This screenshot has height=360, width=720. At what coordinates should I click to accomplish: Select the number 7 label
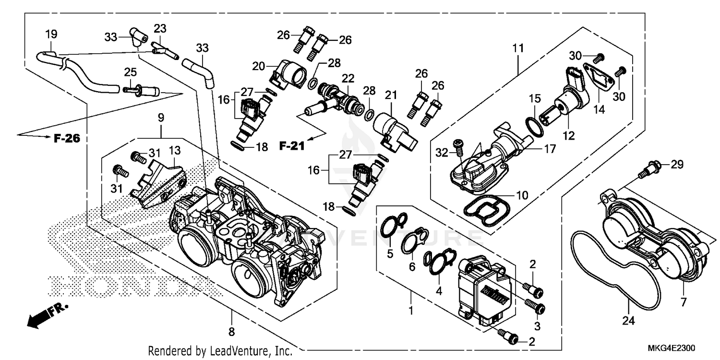click(683, 302)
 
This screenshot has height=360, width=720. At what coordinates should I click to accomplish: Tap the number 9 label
click(160, 117)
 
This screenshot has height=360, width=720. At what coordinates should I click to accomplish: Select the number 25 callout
click(131, 72)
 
